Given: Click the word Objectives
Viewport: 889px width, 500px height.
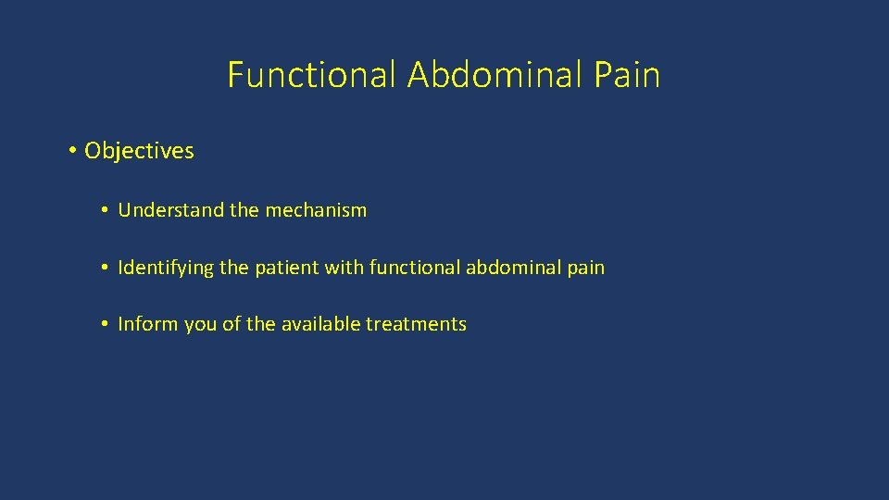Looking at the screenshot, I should point(139,151).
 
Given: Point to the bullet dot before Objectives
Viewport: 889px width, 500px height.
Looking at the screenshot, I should point(72,150).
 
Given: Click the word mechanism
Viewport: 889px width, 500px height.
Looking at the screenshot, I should point(316,210).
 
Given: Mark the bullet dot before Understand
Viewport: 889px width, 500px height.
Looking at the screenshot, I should point(106,210).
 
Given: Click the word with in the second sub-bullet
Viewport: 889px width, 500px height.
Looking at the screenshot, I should point(343,269).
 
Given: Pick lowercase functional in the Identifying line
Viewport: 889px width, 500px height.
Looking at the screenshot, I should point(413,269).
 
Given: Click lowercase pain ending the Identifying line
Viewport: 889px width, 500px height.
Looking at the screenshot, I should point(586,269).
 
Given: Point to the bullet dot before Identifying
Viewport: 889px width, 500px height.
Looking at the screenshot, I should point(106,269).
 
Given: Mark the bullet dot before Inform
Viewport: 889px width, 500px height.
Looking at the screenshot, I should point(106,324).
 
